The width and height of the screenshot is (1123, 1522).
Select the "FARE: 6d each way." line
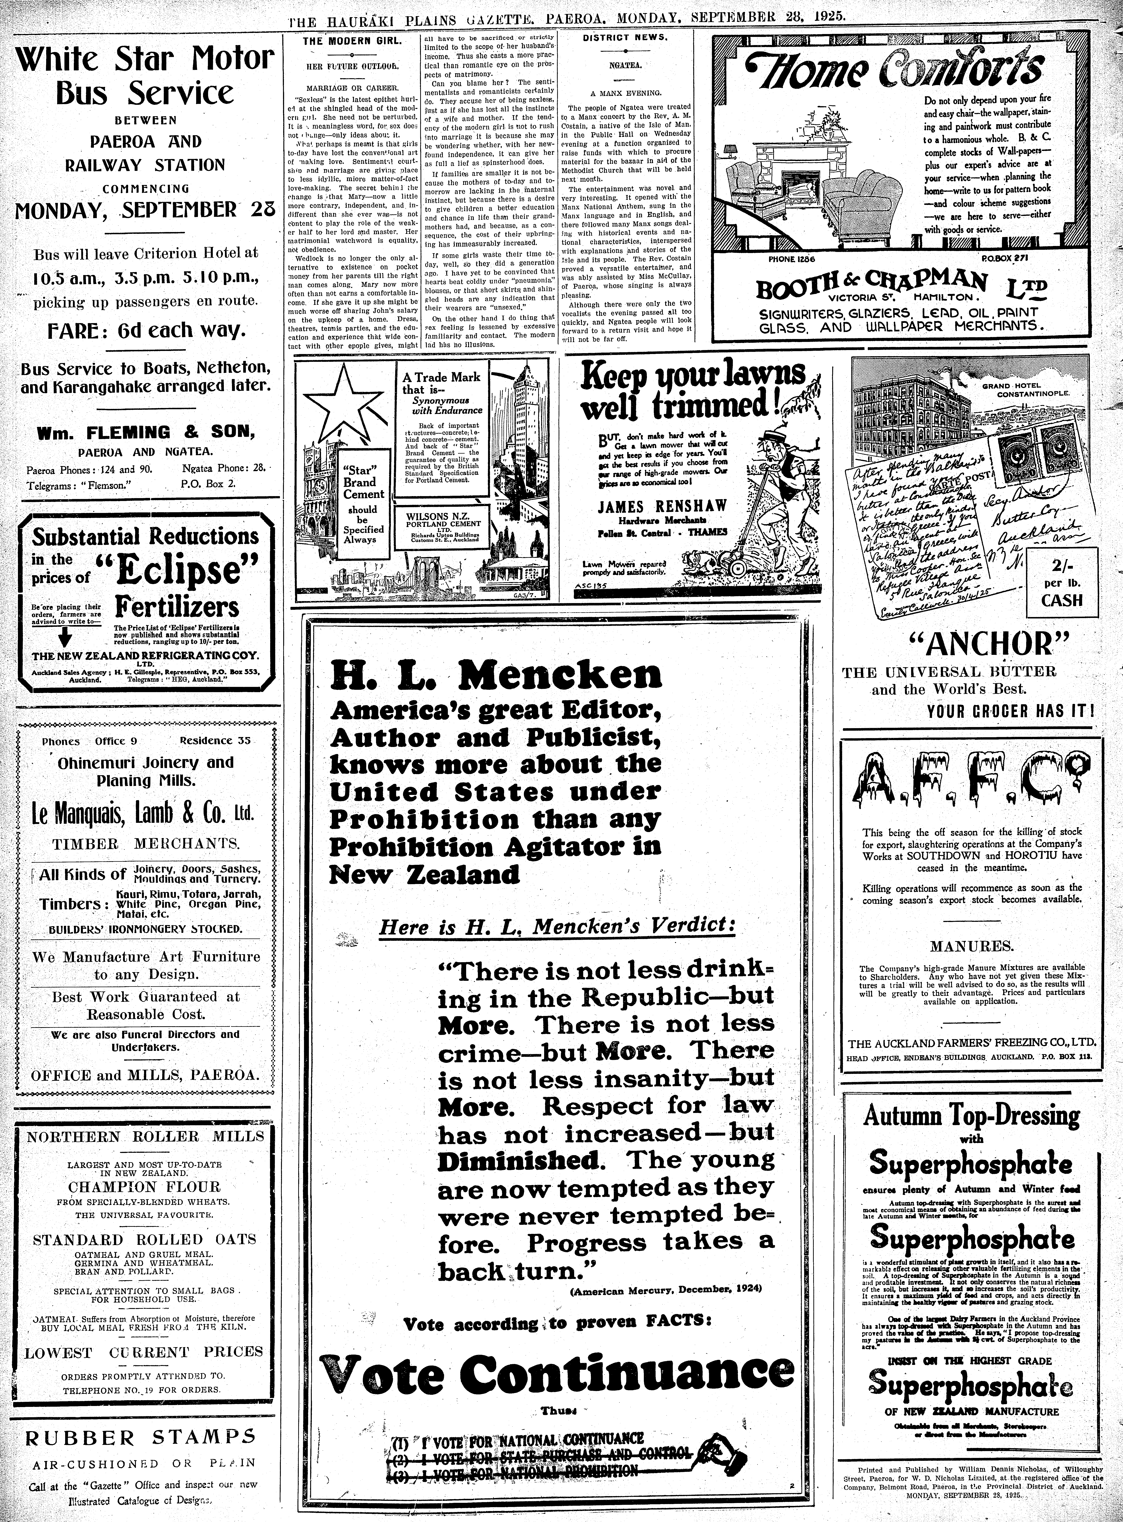pyautogui.click(x=145, y=331)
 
